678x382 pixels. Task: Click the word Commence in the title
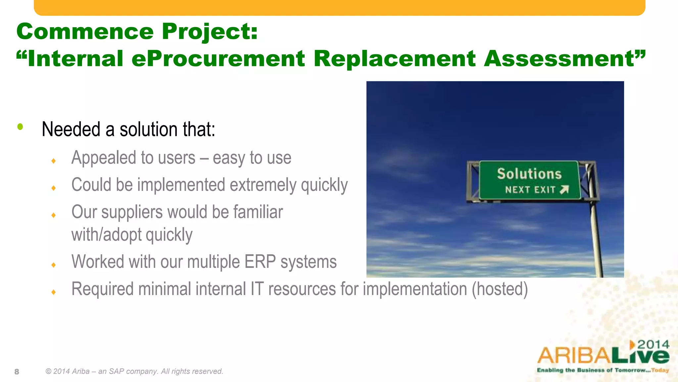[85, 32]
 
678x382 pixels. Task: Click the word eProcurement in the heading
[218, 59]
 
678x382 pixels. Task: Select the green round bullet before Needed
[20, 127]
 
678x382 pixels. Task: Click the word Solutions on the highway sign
[529, 174]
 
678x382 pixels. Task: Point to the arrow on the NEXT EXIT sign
[564, 189]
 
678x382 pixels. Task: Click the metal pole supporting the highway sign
[596, 239]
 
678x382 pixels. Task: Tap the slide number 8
[17, 372]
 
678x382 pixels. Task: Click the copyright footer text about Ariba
[134, 371]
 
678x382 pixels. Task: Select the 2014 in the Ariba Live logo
[653, 345]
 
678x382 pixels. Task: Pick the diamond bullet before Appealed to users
[54, 161]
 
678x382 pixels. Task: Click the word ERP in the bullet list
[260, 262]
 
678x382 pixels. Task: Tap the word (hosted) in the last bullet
[500, 289]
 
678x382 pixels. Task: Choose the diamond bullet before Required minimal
[54, 292]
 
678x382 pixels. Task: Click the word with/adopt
[106, 235]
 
